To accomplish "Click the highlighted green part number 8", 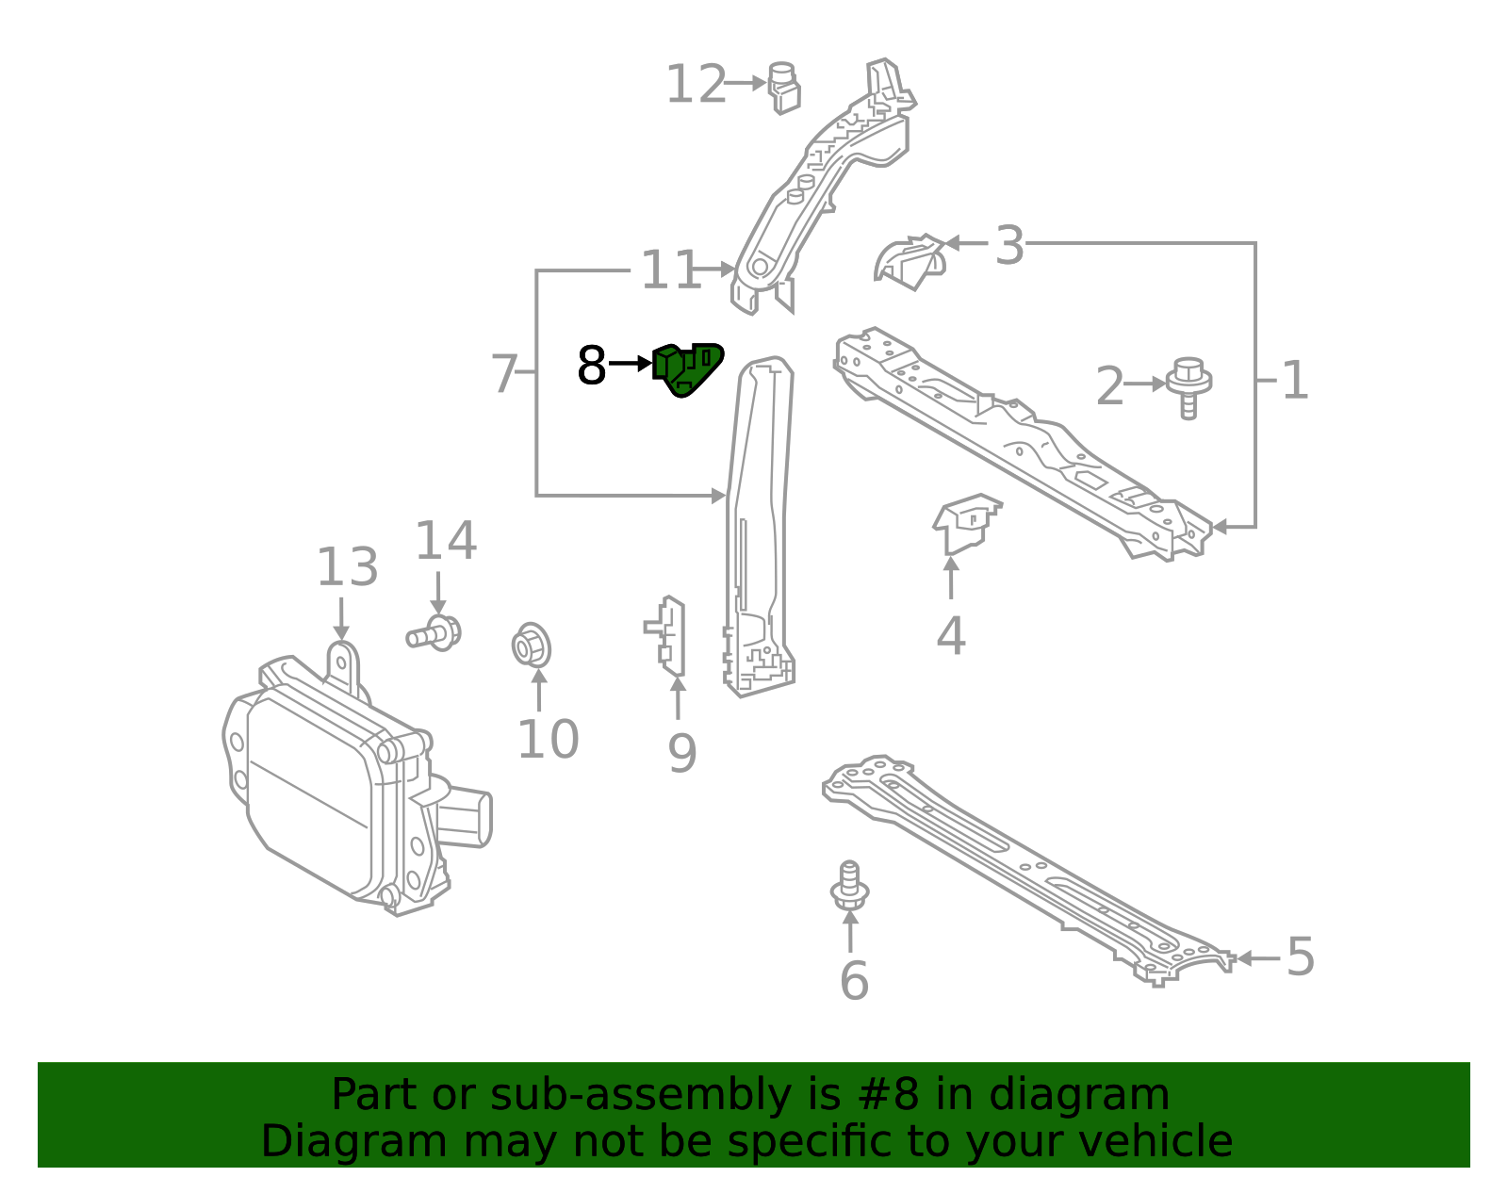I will pos(689,368).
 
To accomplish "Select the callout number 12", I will pos(697,85).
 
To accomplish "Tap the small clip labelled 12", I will pos(784,88).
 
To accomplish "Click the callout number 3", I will pos(1009,246).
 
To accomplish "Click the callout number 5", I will pos(1301,957).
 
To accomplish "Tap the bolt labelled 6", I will pos(849,886).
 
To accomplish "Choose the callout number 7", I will pos(505,374).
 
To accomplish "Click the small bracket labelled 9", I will pos(671,636).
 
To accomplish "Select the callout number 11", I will pos(669,270).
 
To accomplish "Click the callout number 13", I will pos(347,567).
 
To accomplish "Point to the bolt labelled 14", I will pos(434,633).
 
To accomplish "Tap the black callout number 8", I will pos(591,366).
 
